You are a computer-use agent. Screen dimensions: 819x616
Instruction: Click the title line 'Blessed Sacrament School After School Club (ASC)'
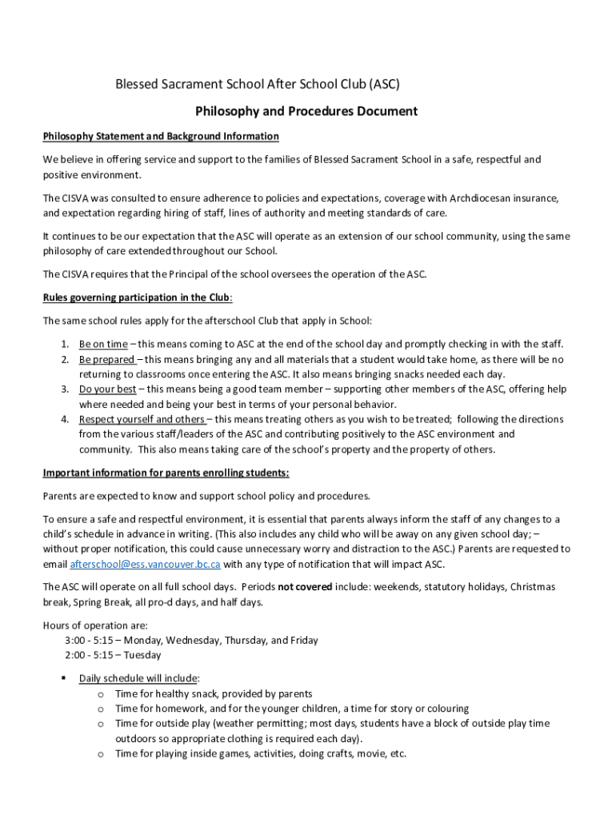(x=257, y=84)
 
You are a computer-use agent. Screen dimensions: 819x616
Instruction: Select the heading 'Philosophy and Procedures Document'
(x=306, y=111)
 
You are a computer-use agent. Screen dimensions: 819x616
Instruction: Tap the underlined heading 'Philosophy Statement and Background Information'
(x=161, y=136)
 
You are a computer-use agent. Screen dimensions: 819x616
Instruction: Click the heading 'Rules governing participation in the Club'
(x=137, y=298)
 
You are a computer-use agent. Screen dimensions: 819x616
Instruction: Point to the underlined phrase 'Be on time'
(x=103, y=344)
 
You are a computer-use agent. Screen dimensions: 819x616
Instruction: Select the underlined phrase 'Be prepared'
(x=106, y=359)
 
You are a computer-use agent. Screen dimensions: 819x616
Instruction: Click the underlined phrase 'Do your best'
(x=107, y=390)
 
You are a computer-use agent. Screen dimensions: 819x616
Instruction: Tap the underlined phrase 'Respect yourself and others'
(x=142, y=419)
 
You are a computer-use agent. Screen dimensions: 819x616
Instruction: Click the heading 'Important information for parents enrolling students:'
(x=166, y=472)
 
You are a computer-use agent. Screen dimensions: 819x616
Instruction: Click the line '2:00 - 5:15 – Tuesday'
(x=113, y=655)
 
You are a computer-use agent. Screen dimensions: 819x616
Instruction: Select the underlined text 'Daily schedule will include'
(x=133, y=678)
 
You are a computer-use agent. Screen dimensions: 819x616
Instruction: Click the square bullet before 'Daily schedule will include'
(x=62, y=678)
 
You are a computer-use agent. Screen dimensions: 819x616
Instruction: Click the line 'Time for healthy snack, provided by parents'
(x=214, y=693)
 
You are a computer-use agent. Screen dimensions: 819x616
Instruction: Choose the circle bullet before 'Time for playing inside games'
(x=101, y=754)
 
